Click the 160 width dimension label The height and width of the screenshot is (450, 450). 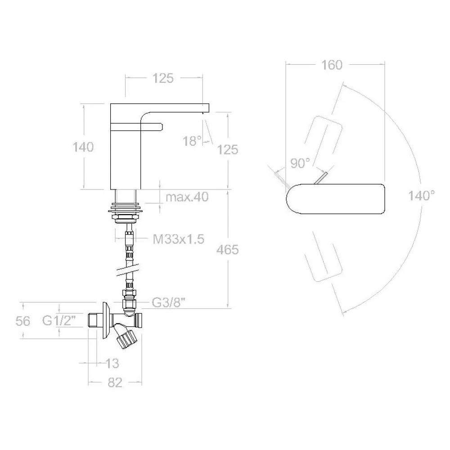(x=332, y=65)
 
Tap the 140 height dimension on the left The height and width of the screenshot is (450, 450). (x=83, y=147)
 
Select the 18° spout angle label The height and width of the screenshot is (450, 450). (x=192, y=141)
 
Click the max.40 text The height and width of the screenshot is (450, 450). (x=187, y=197)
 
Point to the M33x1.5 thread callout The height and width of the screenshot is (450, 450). (x=179, y=239)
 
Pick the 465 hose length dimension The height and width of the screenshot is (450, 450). (x=228, y=250)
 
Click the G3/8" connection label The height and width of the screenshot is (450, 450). (x=168, y=302)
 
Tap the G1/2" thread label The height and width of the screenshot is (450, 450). (x=59, y=320)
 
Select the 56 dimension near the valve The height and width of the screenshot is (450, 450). (x=23, y=321)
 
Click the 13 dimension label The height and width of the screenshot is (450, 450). (x=112, y=364)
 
